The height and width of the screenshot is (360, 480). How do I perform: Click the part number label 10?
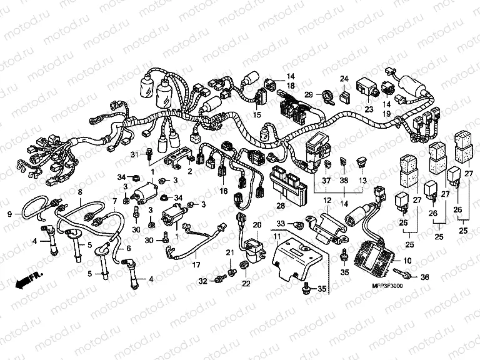(x=408, y=261)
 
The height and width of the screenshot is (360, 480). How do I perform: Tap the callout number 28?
(x=281, y=205)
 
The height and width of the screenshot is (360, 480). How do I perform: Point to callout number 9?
(x=9, y=214)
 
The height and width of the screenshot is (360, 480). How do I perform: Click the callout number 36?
(x=426, y=277)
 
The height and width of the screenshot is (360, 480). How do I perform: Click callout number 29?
(x=308, y=94)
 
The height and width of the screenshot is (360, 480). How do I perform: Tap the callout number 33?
(x=281, y=223)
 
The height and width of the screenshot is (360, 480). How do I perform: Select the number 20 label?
(x=256, y=224)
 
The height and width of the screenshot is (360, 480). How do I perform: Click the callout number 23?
(x=368, y=109)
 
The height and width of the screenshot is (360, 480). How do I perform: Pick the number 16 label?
(x=223, y=191)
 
